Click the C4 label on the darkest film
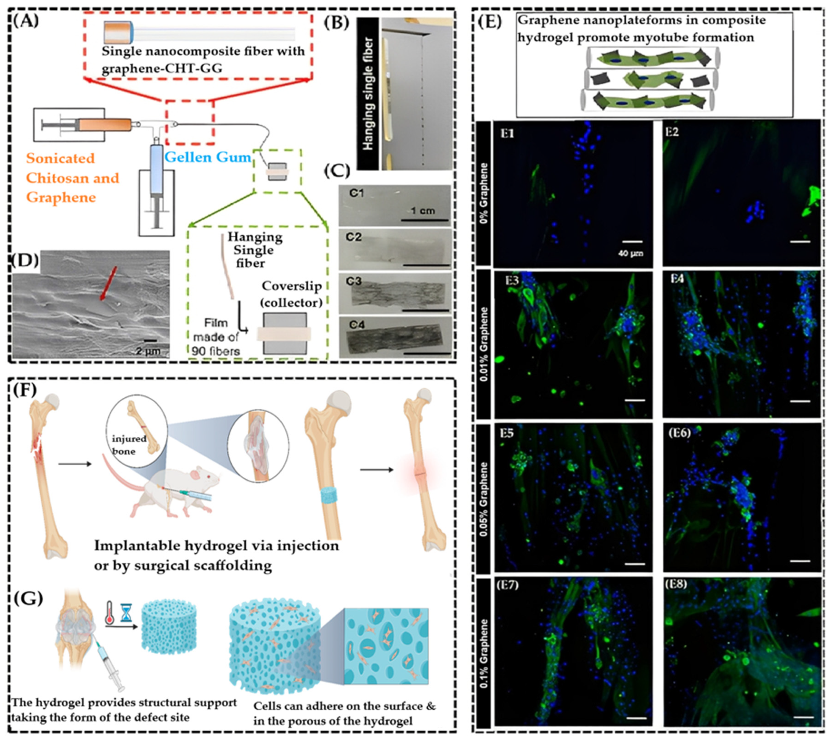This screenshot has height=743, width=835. pos(355,325)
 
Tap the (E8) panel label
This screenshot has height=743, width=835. pos(676,584)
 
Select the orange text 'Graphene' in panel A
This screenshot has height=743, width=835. pos(61,197)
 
